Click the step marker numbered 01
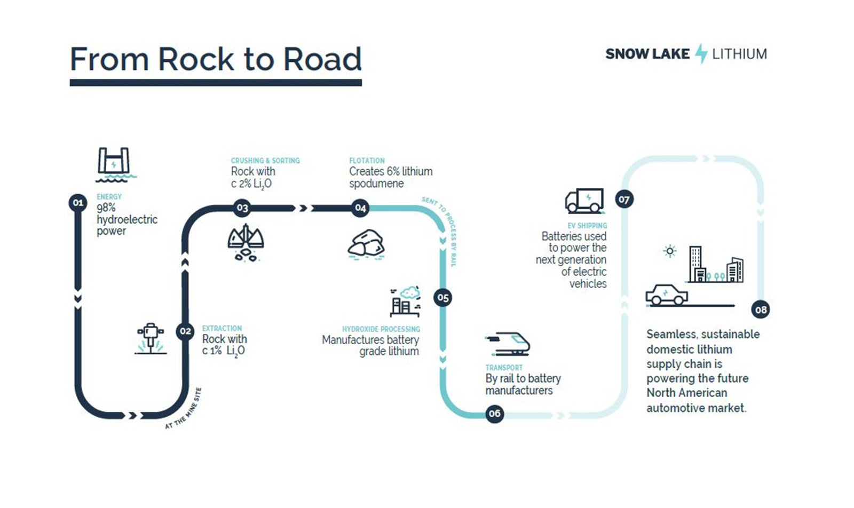[78, 203]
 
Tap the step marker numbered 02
[185, 331]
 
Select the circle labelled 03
[242, 208]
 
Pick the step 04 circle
[361, 208]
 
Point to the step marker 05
[443, 298]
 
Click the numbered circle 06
[494, 414]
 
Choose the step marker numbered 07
[624, 200]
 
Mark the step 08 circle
[761, 309]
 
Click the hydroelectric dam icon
[114, 164]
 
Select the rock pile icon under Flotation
[366, 244]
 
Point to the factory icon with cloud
[405, 301]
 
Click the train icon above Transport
[509, 343]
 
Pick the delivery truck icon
[584, 201]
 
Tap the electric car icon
[667, 295]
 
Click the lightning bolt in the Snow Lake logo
[701, 54]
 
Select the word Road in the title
[322, 59]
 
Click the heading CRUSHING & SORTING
[265, 161]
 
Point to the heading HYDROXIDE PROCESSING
[381, 329]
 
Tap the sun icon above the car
[670, 251]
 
